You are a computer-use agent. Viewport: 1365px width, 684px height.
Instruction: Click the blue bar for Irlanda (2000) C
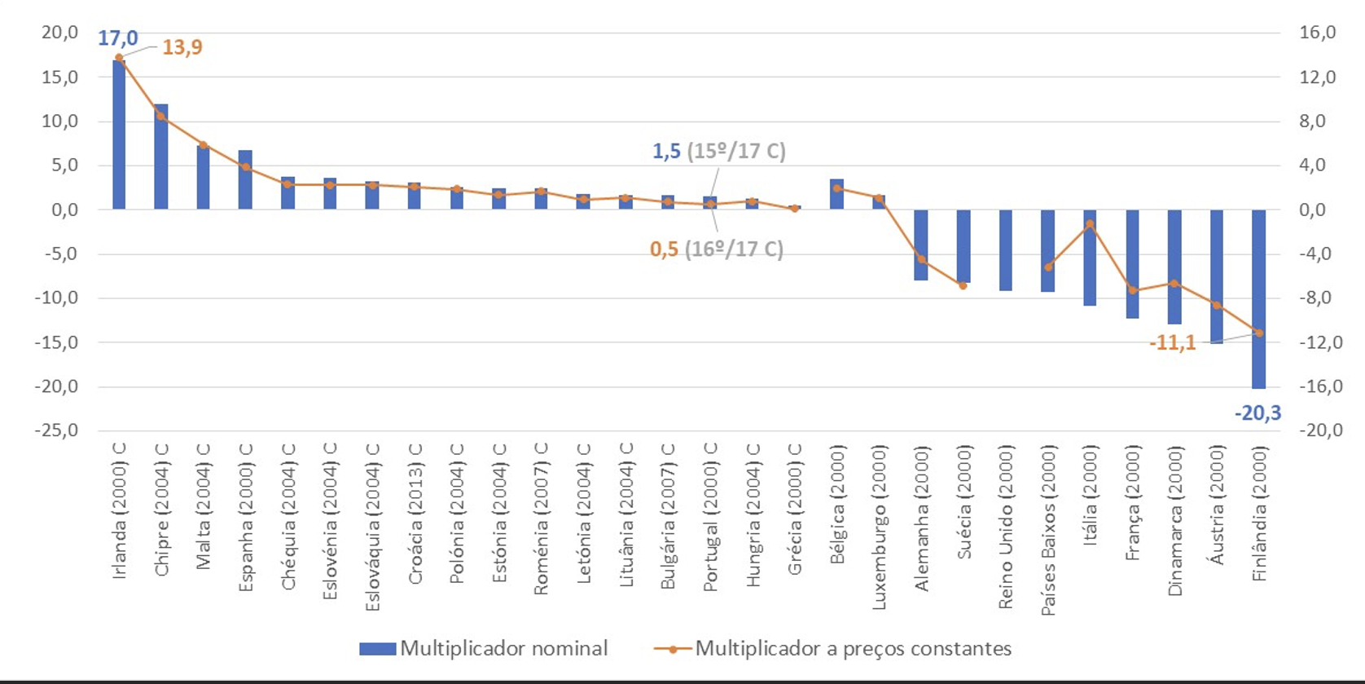pyautogui.click(x=119, y=135)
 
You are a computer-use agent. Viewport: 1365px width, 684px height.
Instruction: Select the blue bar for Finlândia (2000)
pyautogui.click(x=1259, y=298)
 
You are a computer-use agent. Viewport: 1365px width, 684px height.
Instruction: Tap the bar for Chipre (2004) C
pyautogui.click(x=161, y=157)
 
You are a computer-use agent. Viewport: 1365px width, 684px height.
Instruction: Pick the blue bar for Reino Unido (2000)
pyautogui.click(x=1006, y=249)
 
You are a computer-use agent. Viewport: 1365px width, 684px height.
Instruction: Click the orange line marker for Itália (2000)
pyautogui.click(x=1090, y=224)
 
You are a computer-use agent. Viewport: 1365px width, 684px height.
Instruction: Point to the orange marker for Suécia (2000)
pyautogui.click(x=963, y=285)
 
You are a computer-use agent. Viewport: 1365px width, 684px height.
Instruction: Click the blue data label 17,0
pyautogui.click(x=118, y=38)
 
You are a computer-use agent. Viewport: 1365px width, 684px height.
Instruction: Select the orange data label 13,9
pyautogui.click(x=182, y=47)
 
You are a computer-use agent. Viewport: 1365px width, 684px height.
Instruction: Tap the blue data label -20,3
pyautogui.click(x=1257, y=413)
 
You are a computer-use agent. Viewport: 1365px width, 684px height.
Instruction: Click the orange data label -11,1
pyautogui.click(x=1172, y=343)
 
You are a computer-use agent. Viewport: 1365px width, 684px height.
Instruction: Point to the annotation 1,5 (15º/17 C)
pyautogui.click(x=718, y=152)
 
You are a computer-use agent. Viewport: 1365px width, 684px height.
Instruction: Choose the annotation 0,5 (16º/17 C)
pyautogui.click(x=716, y=249)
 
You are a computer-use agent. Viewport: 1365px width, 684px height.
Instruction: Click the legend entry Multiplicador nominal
pyautogui.click(x=484, y=649)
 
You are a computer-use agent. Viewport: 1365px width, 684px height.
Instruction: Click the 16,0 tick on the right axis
pyautogui.click(x=1318, y=33)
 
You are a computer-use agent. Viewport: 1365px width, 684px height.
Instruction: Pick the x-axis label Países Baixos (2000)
pyautogui.click(x=1048, y=530)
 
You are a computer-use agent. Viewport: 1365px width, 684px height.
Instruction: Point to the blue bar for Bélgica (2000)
pyautogui.click(x=836, y=194)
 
